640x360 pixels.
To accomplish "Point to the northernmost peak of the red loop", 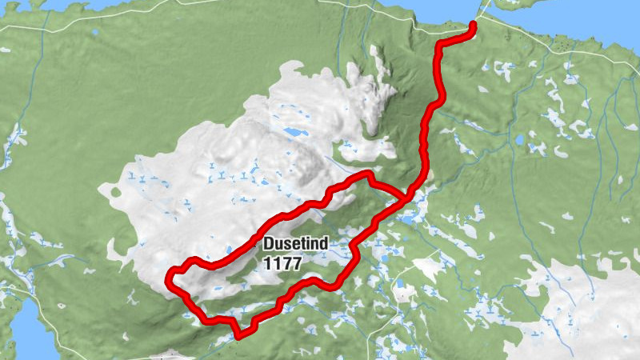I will pos(366,174).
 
